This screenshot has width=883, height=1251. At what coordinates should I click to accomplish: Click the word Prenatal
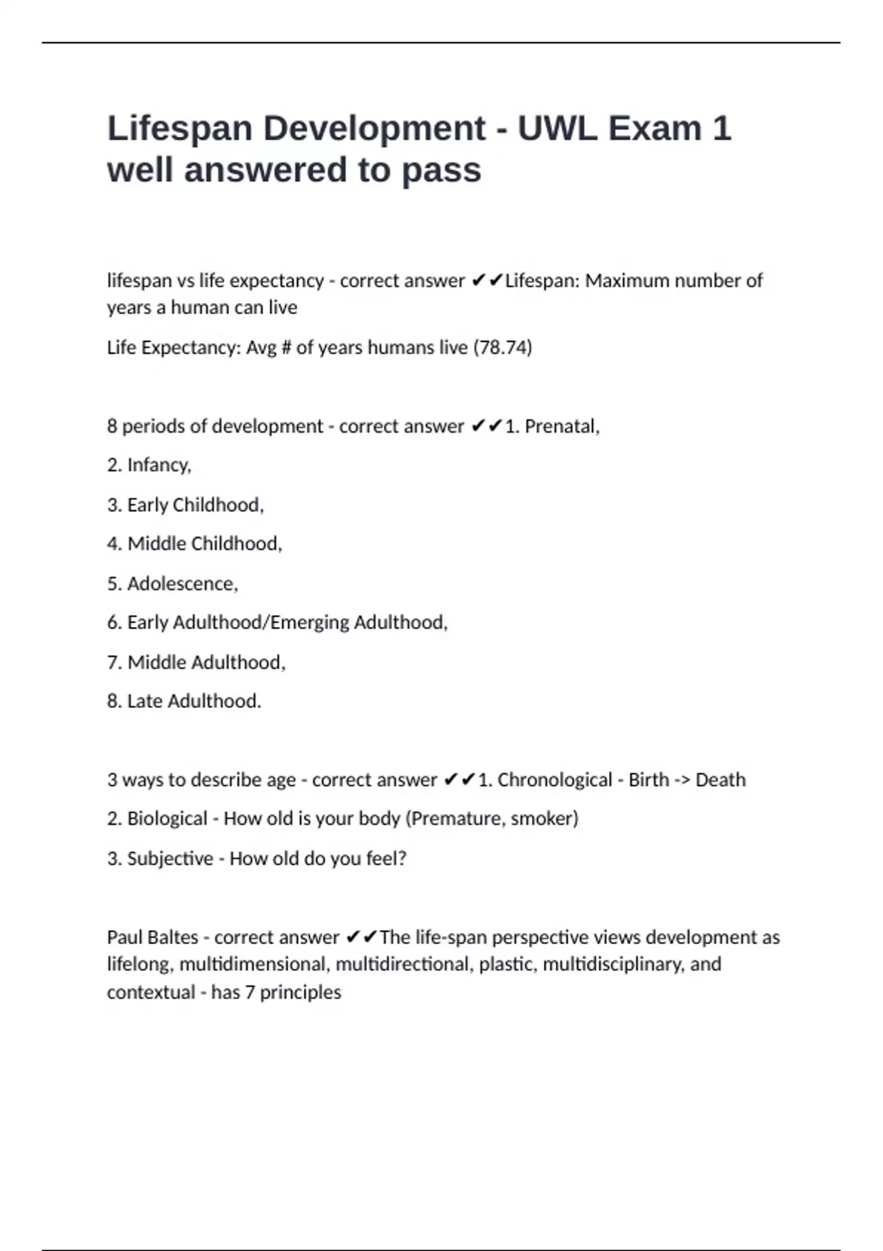coord(561,426)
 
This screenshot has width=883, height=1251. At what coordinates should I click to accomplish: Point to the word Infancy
coord(158,465)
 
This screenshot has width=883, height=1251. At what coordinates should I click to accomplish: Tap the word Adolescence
coord(182,584)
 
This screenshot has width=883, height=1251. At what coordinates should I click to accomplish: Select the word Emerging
coord(310,623)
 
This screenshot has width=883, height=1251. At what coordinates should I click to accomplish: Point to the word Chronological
coord(554,780)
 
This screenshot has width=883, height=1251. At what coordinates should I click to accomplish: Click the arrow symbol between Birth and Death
coord(682,780)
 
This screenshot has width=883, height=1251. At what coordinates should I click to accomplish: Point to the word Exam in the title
coord(655,129)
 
